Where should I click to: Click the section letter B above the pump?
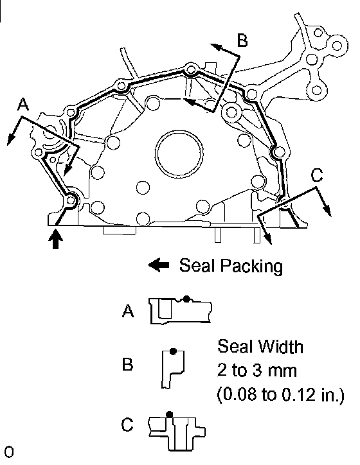[242, 40]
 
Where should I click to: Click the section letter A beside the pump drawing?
[23, 105]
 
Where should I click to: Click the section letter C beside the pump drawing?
[317, 175]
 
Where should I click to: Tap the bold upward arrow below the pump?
[55, 239]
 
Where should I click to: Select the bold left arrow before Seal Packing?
[159, 265]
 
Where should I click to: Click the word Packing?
[251, 266]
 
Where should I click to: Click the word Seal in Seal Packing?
[197, 265]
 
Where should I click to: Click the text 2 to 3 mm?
[257, 371]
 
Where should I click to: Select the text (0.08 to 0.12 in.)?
[281, 395]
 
